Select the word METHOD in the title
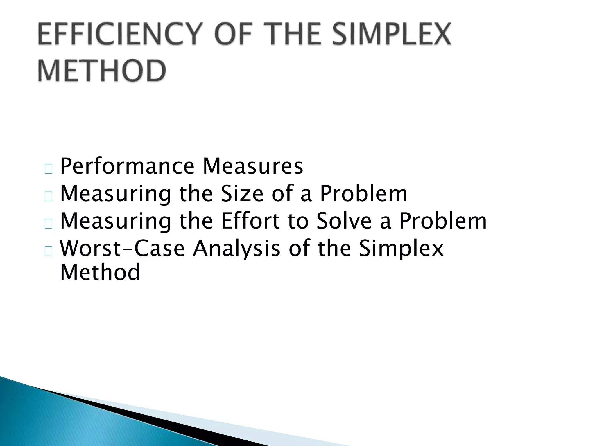click(102, 71)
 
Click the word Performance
click(127, 166)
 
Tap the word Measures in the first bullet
click(253, 166)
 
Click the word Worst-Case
click(122, 248)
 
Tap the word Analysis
click(236, 249)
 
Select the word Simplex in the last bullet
click(401, 249)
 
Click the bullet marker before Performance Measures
click(49, 169)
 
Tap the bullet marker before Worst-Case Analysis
click(49, 251)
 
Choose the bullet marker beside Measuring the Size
click(49, 197)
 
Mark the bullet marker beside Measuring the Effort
click(49, 224)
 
